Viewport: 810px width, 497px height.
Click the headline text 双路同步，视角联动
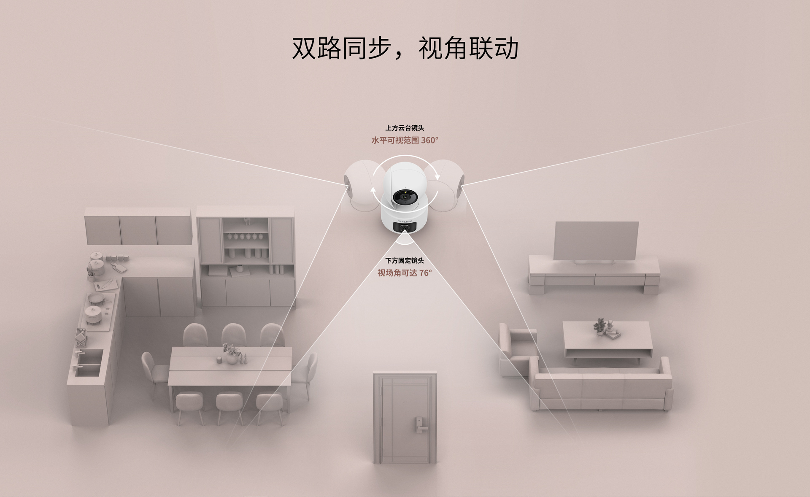[405, 49]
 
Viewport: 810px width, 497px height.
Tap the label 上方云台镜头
[405, 128]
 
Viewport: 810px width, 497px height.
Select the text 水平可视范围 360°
[405, 140]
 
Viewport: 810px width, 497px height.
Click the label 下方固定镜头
[405, 261]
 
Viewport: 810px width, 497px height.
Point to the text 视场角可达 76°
[405, 273]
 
